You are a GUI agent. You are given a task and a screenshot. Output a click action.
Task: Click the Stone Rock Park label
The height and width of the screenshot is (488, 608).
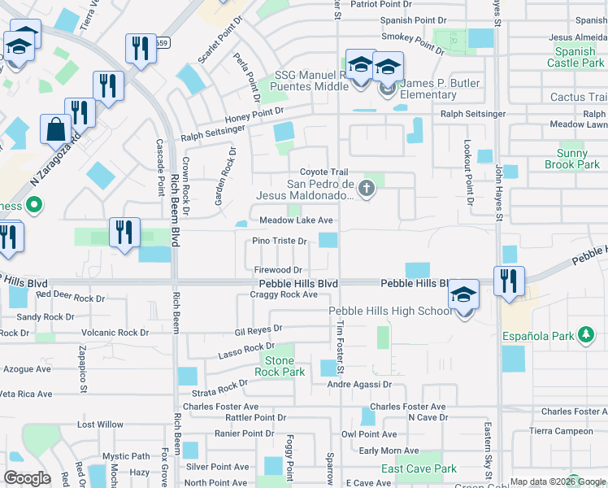(x=280, y=366)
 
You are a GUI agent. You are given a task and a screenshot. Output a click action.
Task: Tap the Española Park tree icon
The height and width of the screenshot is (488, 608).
(x=585, y=334)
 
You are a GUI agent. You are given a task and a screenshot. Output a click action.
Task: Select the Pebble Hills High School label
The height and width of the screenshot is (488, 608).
(x=391, y=312)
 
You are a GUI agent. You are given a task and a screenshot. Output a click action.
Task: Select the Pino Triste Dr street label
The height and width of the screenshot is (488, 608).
(x=279, y=241)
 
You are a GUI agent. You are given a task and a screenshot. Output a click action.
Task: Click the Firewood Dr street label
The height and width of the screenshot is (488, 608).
(x=278, y=269)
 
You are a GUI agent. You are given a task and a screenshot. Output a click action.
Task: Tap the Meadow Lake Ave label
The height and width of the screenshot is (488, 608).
(x=296, y=220)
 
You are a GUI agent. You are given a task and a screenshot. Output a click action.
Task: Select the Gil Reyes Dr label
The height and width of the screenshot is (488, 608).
(x=258, y=330)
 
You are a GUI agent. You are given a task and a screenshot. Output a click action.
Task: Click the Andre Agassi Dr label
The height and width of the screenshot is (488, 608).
(x=360, y=385)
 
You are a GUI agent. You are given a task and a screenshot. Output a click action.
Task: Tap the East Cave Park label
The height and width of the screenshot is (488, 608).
(x=419, y=468)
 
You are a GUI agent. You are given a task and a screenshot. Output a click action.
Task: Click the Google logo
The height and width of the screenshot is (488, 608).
(x=27, y=477)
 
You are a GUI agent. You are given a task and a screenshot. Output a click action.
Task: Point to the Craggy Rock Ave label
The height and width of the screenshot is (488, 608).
(x=287, y=294)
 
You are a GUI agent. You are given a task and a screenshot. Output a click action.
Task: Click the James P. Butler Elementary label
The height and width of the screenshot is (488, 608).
(x=430, y=89)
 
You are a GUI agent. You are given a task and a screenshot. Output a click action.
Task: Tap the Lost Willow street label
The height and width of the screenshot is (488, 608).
(x=100, y=425)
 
